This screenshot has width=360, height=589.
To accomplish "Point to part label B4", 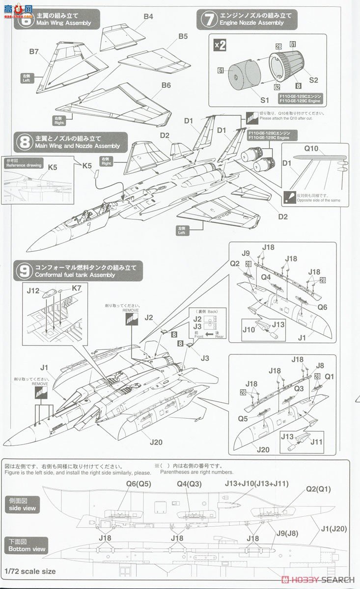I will (148, 16).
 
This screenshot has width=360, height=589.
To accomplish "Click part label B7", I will (34, 51).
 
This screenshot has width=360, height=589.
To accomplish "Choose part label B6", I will (166, 84).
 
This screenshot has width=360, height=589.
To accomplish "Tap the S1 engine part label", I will (265, 100).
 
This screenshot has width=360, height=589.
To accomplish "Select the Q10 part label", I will (311, 148).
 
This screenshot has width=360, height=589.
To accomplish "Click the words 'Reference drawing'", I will (22, 165).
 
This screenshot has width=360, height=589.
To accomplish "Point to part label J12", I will (33, 291).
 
